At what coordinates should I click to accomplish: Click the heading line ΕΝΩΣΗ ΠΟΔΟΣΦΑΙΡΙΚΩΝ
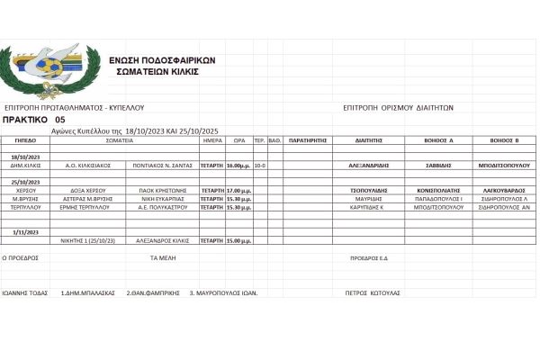tap(162, 60)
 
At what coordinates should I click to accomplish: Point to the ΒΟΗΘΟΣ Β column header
tap(504, 141)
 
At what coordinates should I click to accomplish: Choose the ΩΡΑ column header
tap(239, 141)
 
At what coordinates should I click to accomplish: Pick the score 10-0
tap(259, 166)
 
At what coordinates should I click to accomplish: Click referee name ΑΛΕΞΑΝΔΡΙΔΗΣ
tap(369, 166)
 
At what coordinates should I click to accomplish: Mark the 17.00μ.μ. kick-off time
tap(238, 191)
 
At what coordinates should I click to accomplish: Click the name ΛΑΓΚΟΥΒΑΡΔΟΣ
tap(504, 191)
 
